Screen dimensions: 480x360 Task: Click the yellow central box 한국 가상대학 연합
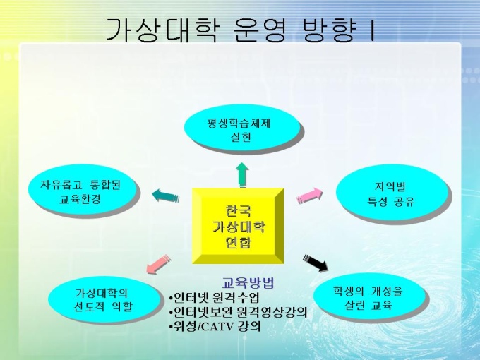tap(238, 226)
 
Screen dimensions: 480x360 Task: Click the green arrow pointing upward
tap(242, 174)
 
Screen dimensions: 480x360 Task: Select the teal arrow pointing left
tap(166, 196)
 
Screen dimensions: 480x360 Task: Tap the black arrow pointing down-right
tap(316, 263)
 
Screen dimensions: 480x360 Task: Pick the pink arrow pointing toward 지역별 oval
tap(310, 196)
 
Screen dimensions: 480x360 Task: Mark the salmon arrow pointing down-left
tap(158, 264)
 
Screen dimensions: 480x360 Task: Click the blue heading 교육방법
tap(248, 283)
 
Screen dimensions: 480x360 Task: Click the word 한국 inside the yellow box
tap(238, 211)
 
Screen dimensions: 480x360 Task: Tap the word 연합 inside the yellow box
tap(238, 242)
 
